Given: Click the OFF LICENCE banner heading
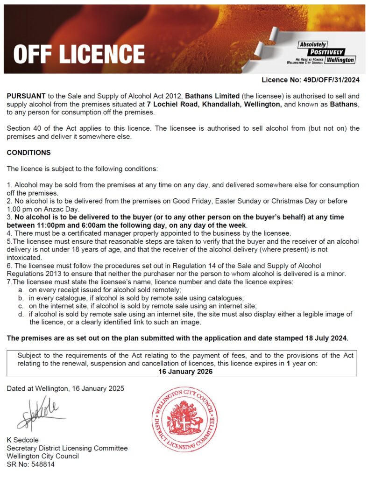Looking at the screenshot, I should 79,54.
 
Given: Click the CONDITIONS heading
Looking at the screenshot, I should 28,153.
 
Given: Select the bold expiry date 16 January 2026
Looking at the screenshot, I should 185,372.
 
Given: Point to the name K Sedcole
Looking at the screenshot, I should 23,440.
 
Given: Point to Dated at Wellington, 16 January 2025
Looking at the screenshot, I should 66,388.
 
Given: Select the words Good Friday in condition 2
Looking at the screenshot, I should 191,201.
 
